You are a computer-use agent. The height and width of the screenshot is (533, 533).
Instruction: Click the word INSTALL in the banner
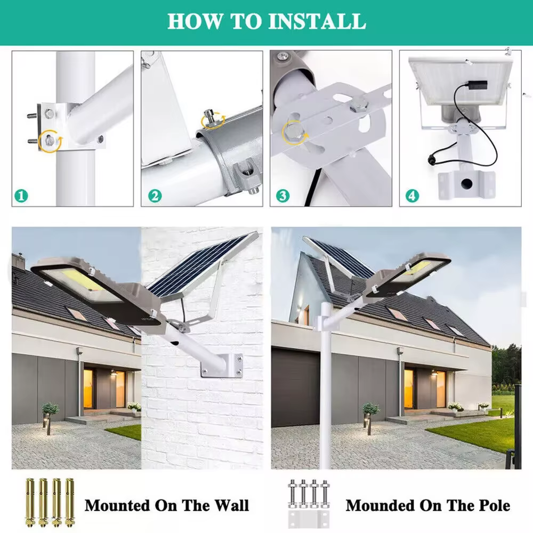click(317, 21)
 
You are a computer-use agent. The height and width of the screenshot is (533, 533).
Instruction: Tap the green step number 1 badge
click(21, 196)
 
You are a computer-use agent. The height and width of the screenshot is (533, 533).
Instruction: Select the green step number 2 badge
click(155, 196)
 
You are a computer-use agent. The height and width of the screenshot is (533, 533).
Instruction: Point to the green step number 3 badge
click(283, 196)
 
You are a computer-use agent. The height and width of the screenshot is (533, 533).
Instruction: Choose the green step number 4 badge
click(413, 196)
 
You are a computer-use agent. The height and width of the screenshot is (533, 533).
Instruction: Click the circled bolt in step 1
click(50, 140)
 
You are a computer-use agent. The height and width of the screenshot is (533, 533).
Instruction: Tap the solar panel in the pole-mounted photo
click(338, 259)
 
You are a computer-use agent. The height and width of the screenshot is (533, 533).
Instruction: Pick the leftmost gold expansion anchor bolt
click(29, 503)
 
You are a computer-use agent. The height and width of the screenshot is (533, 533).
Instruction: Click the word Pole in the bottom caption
click(494, 505)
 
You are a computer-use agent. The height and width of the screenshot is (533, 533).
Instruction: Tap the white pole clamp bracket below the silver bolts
click(309, 519)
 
